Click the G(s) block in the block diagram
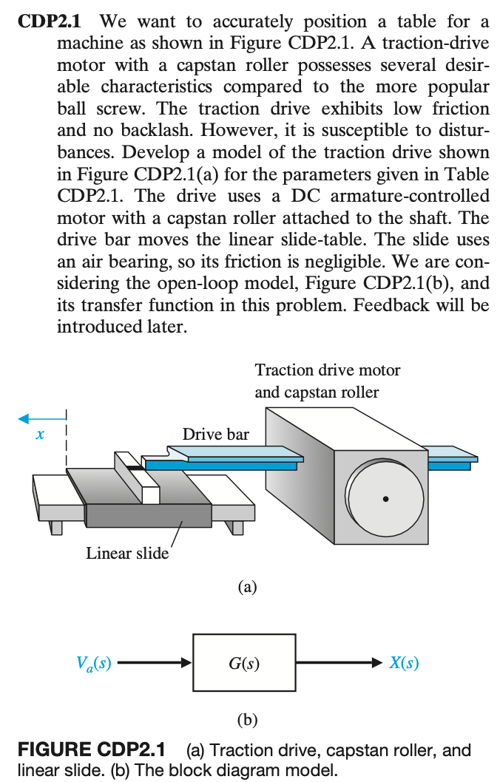pos(243,663)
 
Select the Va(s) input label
pos(94,663)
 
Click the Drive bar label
pos(215,435)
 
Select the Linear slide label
pos(126,553)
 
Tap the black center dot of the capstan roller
pos(385,500)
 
